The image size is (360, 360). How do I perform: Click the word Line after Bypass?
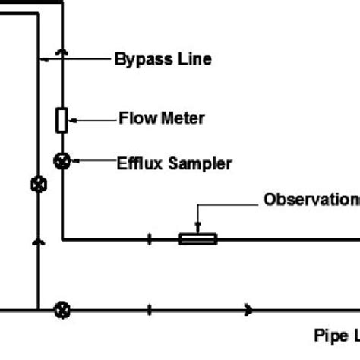[x=191, y=58]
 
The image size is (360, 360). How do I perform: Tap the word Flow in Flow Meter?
[x=135, y=118]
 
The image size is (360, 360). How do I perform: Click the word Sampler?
[x=200, y=163]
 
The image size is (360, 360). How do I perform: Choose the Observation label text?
[x=311, y=200]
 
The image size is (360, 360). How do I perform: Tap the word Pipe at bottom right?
[x=328, y=334]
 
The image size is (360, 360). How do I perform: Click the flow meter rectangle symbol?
[x=62, y=119]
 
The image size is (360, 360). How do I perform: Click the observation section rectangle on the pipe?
[x=197, y=239]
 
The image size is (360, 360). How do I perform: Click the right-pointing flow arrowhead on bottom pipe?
[x=248, y=309]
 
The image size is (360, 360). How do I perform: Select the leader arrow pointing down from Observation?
[x=197, y=216]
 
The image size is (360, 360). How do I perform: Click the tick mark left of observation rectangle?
[x=150, y=239]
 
